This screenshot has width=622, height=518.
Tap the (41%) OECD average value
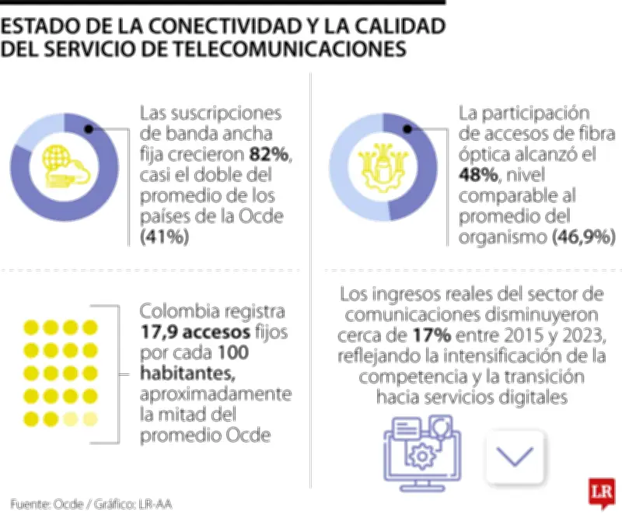coord(165,237)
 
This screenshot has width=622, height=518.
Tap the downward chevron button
coord(514,456)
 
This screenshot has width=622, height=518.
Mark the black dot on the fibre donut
coord(407,129)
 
